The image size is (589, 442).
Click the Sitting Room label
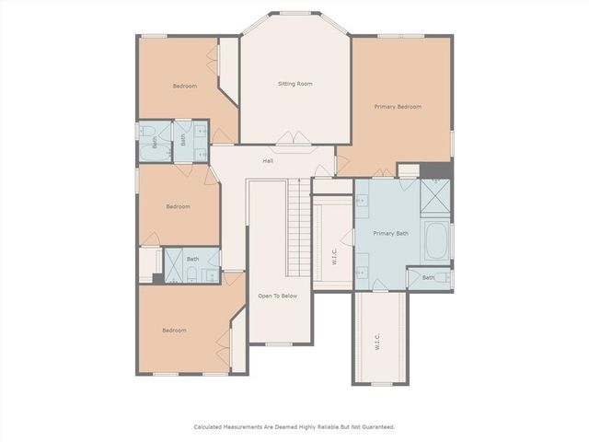click(x=295, y=84)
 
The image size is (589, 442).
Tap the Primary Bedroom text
click(x=398, y=107)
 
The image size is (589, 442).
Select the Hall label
click(x=268, y=161)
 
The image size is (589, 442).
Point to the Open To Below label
click(x=277, y=296)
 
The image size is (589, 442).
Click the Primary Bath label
click(x=390, y=233)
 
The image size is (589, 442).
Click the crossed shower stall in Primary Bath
click(x=433, y=195)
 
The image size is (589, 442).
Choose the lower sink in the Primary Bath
click(x=361, y=271)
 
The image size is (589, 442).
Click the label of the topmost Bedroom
click(x=185, y=87)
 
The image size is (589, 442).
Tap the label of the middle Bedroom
click(x=178, y=206)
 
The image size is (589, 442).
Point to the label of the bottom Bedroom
click(x=175, y=330)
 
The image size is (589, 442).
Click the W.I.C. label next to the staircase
click(x=334, y=258)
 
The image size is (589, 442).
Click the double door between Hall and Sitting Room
click(x=294, y=140)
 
